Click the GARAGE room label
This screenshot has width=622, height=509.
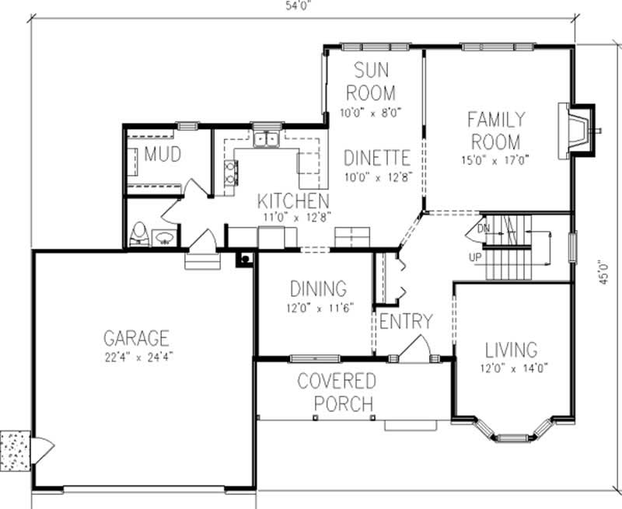click(136, 338)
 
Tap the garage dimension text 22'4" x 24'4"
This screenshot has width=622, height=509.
click(136, 358)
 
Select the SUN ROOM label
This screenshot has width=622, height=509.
click(371, 82)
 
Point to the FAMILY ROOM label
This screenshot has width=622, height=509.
click(495, 131)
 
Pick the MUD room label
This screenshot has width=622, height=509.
click(162, 155)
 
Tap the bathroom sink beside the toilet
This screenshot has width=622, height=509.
click(165, 237)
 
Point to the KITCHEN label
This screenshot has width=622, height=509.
click(293, 199)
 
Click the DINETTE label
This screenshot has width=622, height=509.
click(376, 158)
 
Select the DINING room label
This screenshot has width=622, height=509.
click(318, 289)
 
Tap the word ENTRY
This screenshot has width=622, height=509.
click(406, 321)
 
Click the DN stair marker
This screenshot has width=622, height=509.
click(483, 229)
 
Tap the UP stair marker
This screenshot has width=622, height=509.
click(476, 256)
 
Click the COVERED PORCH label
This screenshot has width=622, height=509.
click(336, 392)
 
